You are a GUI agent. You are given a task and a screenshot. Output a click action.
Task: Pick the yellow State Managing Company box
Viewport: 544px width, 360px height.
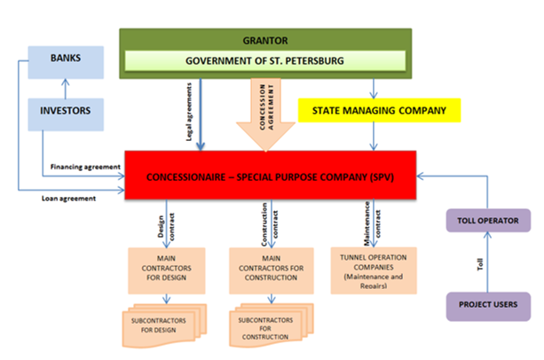379,111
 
